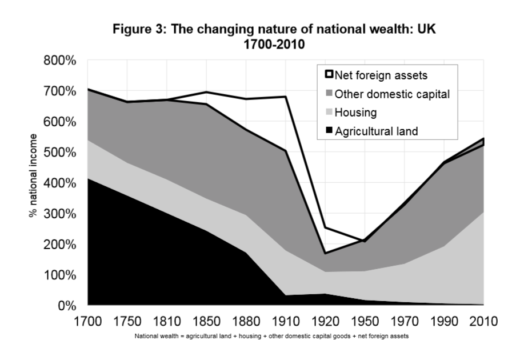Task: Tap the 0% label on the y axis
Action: coord(69,306)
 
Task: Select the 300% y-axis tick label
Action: coord(61,214)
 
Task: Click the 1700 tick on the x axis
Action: coord(87,321)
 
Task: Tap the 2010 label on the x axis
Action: coord(483,321)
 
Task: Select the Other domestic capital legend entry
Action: coord(392,94)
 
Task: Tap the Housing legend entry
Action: coord(355,113)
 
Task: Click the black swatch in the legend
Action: coord(329,131)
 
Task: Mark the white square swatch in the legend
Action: coord(329,74)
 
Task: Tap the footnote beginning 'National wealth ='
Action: coord(271,337)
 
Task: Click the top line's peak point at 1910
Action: coord(285,97)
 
